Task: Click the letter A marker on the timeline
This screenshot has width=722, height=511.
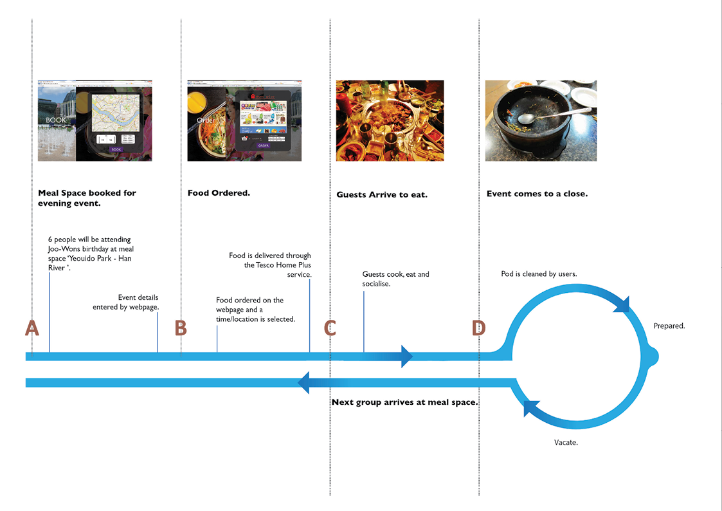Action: click(x=32, y=328)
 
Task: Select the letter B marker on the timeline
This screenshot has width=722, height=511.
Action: click(x=181, y=328)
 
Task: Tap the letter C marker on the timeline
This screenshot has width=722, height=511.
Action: click(x=330, y=328)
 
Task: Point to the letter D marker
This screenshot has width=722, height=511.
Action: click(x=479, y=328)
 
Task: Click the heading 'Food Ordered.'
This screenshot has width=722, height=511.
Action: click(x=219, y=192)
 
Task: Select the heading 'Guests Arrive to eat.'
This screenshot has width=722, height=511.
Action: click(x=382, y=194)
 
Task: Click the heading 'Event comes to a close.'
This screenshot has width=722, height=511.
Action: click(x=537, y=193)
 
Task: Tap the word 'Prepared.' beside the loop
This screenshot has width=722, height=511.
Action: click(x=669, y=326)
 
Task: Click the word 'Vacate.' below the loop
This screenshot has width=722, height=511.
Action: click(x=566, y=442)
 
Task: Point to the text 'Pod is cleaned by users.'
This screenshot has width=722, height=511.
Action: click(x=539, y=274)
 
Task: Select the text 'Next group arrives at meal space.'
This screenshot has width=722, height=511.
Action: click(x=404, y=402)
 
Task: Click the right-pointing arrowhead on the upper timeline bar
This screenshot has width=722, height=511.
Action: click(x=406, y=356)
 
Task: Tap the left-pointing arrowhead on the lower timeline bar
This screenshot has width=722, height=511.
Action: click(x=304, y=383)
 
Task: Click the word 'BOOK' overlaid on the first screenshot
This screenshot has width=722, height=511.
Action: click(x=57, y=120)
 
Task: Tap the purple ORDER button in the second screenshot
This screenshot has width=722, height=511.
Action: click(x=264, y=145)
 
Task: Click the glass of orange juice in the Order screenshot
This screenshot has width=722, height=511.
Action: click(x=197, y=101)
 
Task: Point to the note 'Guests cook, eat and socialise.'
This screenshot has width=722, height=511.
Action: click(x=395, y=279)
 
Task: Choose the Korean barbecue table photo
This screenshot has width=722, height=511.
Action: click(x=390, y=120)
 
